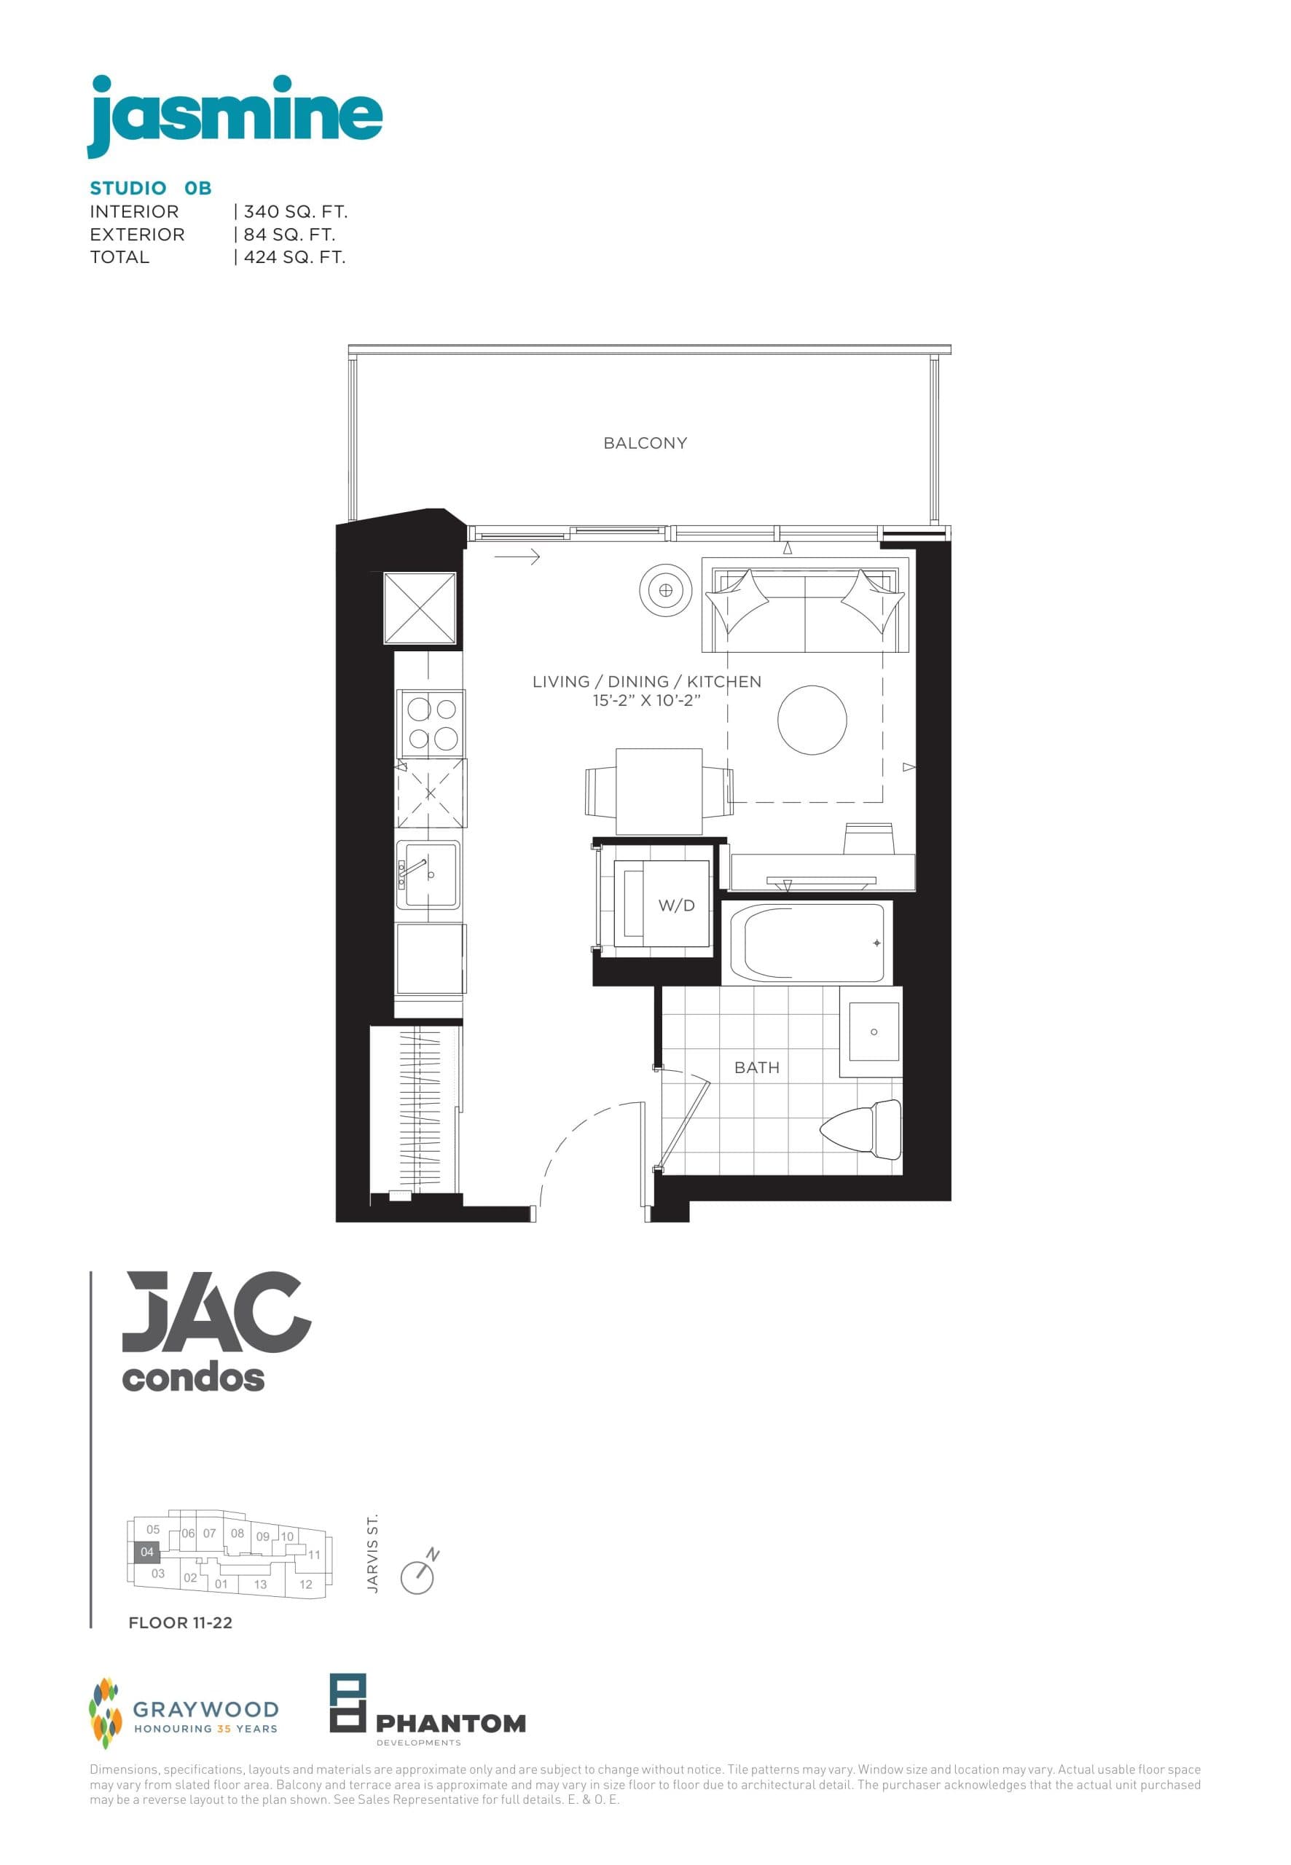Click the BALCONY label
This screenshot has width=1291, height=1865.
pos(645,443)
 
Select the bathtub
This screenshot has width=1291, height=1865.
pos(807,942)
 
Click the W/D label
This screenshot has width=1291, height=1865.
pos(676,906)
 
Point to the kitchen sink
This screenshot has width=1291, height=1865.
pos(428,875)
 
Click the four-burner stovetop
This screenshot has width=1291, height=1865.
pos(431,723)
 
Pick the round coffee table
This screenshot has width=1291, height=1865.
pos(812,720)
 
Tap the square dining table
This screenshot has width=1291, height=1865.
pos(659,791)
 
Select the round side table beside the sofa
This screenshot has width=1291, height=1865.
pos(666,590)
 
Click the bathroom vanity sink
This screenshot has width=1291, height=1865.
pos(873,1032)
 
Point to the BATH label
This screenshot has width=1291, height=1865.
pos(756,1067)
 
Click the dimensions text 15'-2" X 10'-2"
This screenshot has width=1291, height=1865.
pos(646,700)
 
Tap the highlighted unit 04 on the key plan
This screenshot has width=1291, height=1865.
pos(147,1552)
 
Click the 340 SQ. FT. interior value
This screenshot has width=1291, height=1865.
pos(295,212)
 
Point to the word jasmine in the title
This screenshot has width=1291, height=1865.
pos(235,115)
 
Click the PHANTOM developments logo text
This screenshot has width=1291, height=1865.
pos(450,1724)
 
